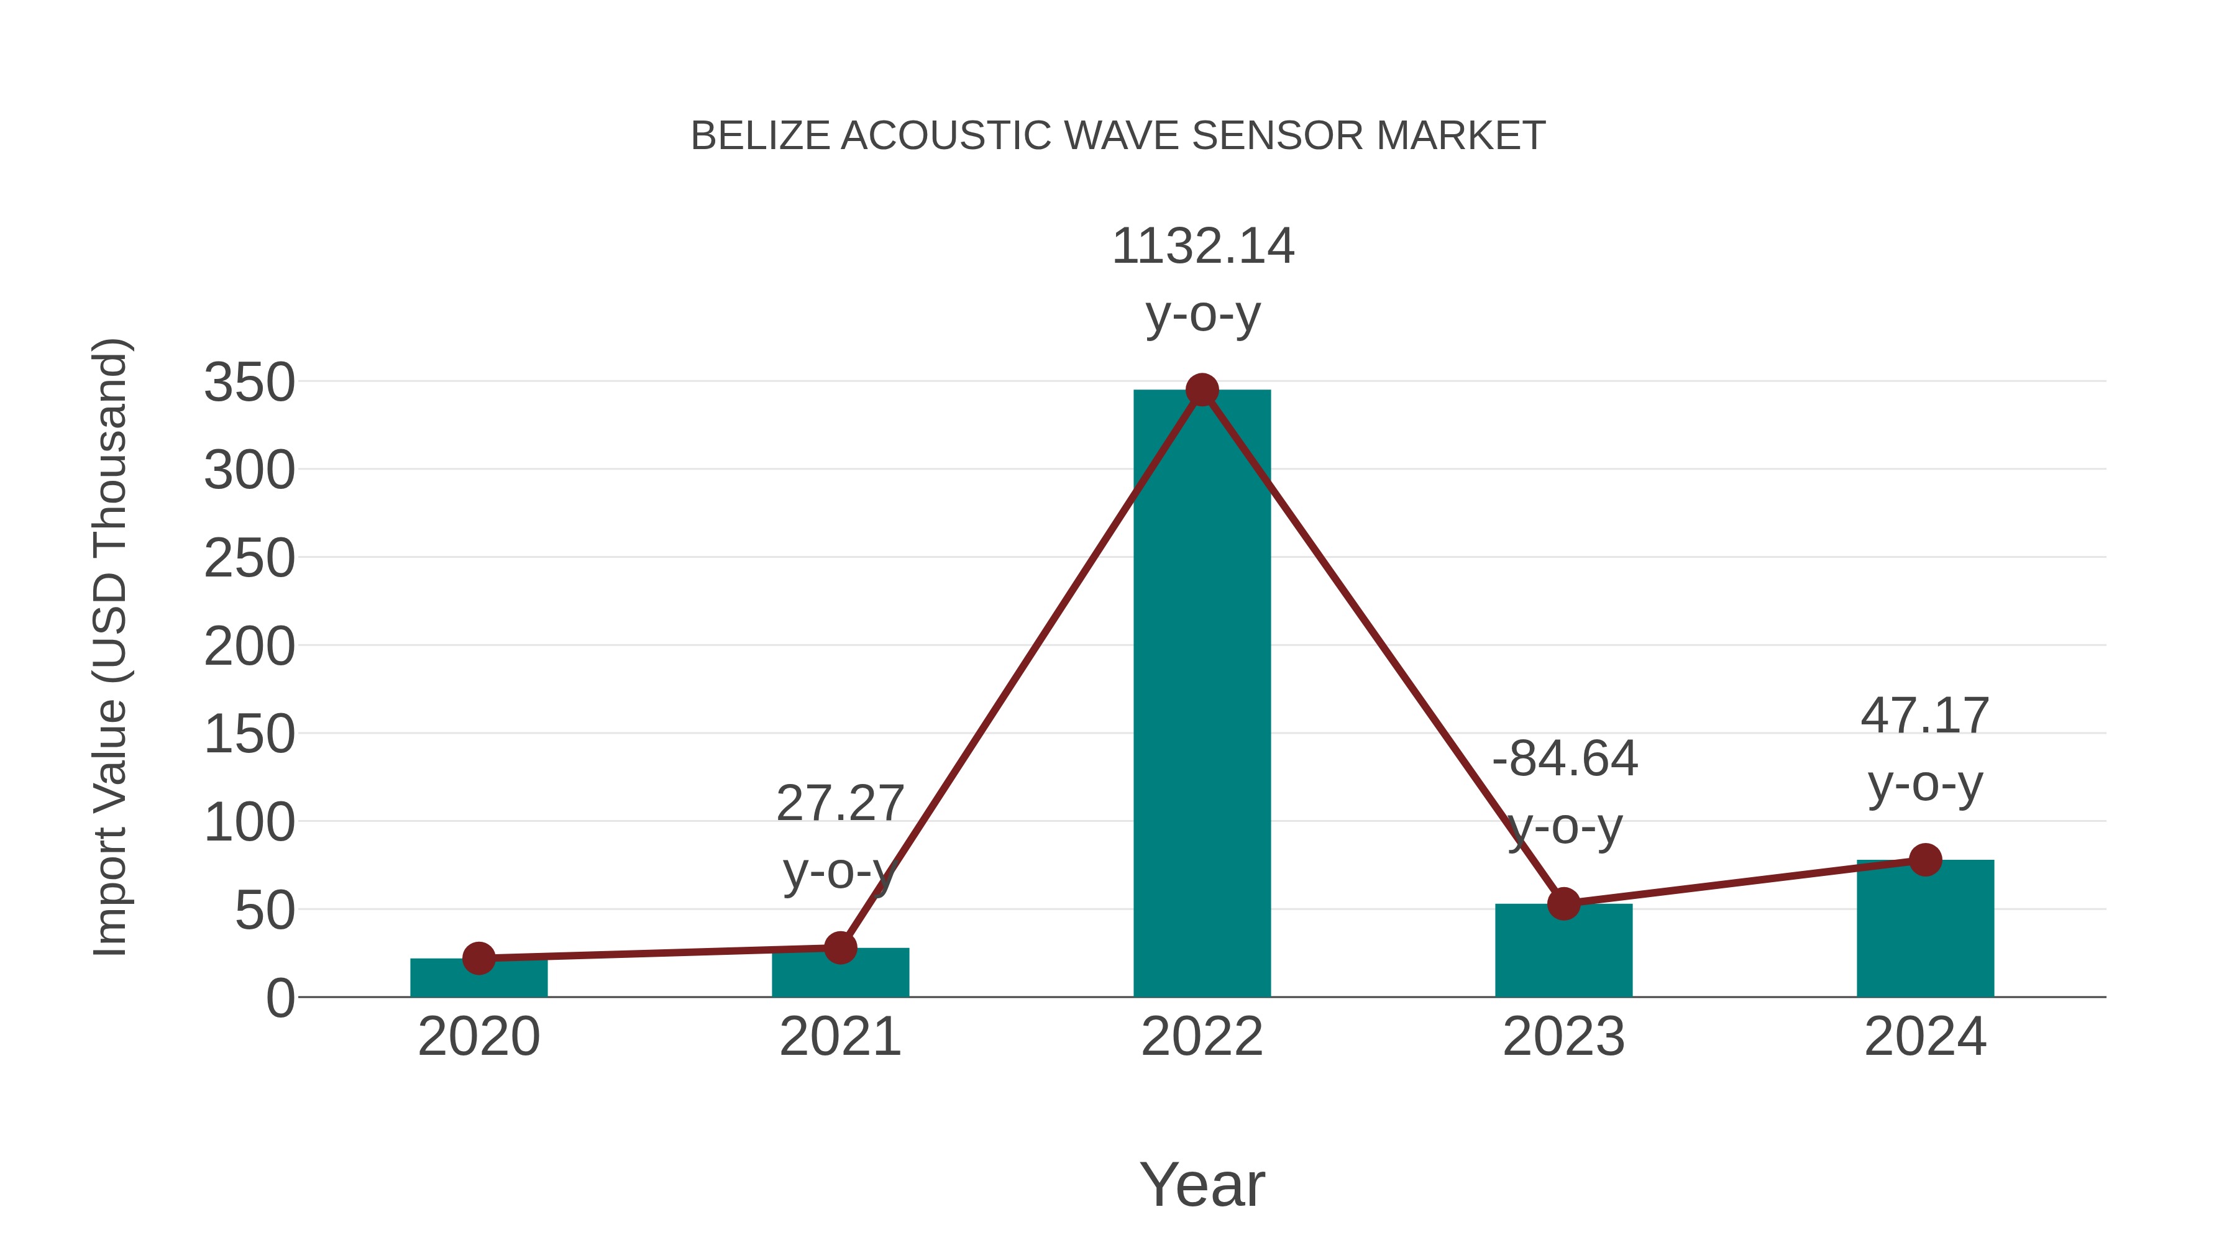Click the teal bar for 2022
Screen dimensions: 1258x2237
pos(1202,695)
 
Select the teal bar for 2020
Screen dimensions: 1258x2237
pos(478,978)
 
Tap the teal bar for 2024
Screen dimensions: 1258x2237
pos(1925,929)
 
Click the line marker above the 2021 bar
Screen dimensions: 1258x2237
pos(839,948)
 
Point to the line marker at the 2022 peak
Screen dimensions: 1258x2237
pos(1202,390)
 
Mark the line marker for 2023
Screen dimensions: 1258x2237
pos(1563,904)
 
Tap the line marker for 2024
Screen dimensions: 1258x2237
pos(1925,860)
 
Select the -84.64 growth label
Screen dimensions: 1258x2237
pos(1565,759)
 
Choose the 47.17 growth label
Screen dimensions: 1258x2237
pos(1924,716)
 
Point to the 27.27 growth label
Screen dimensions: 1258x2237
pos(839,803)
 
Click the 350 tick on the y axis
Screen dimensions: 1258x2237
pos(249,383)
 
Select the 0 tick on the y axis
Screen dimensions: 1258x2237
pos(280,998)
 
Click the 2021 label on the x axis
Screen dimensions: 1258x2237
pos(839,1037)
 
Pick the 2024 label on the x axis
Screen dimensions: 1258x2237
pos(1925,1037)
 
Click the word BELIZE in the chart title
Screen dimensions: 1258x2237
pos(760,136)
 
